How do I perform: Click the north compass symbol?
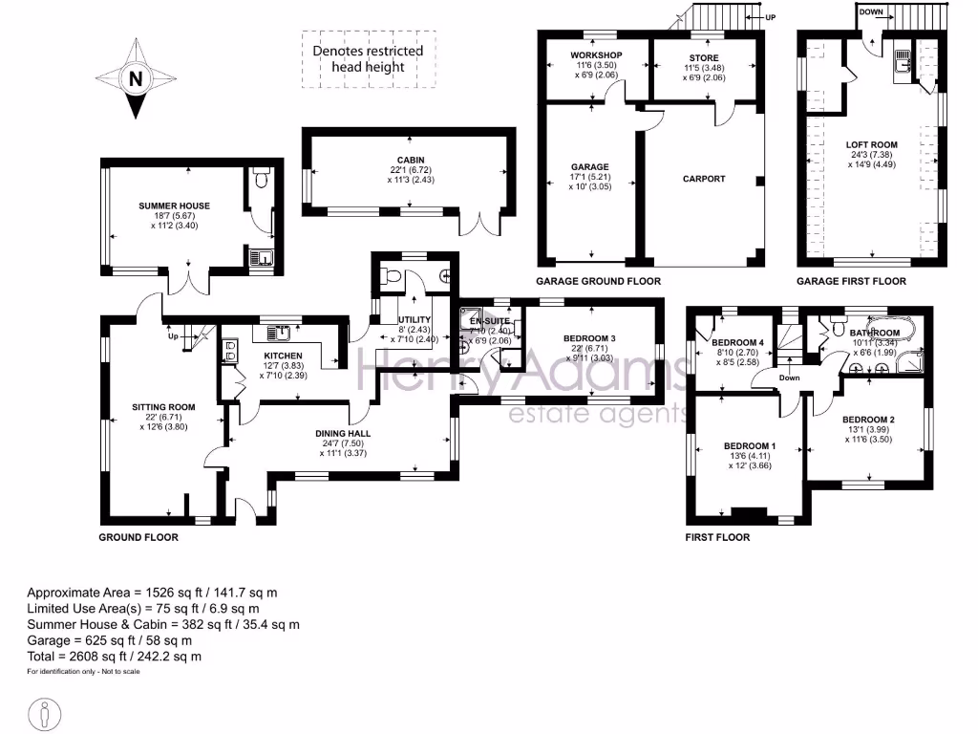136,79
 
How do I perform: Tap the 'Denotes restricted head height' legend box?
368,59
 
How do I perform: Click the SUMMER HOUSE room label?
174,205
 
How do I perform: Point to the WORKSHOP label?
597,56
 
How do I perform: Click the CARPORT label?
704,179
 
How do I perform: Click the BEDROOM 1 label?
750,446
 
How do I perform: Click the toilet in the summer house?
261,180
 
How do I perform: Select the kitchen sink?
282,333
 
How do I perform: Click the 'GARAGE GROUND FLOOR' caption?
598,282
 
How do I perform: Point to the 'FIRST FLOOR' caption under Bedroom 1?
717,538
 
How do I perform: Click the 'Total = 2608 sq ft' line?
115,657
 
